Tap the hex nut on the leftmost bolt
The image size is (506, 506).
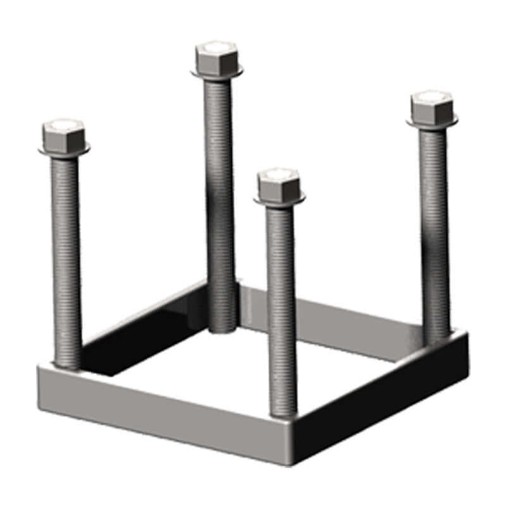click(64, 135)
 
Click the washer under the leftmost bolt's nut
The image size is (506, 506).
click(64, 151)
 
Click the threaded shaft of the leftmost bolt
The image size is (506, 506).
click(66, 253)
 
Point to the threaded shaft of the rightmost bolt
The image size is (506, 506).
click(435, 228)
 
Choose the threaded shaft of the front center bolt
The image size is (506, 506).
click(281, 304)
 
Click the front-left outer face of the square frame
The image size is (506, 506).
click(158, 411)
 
